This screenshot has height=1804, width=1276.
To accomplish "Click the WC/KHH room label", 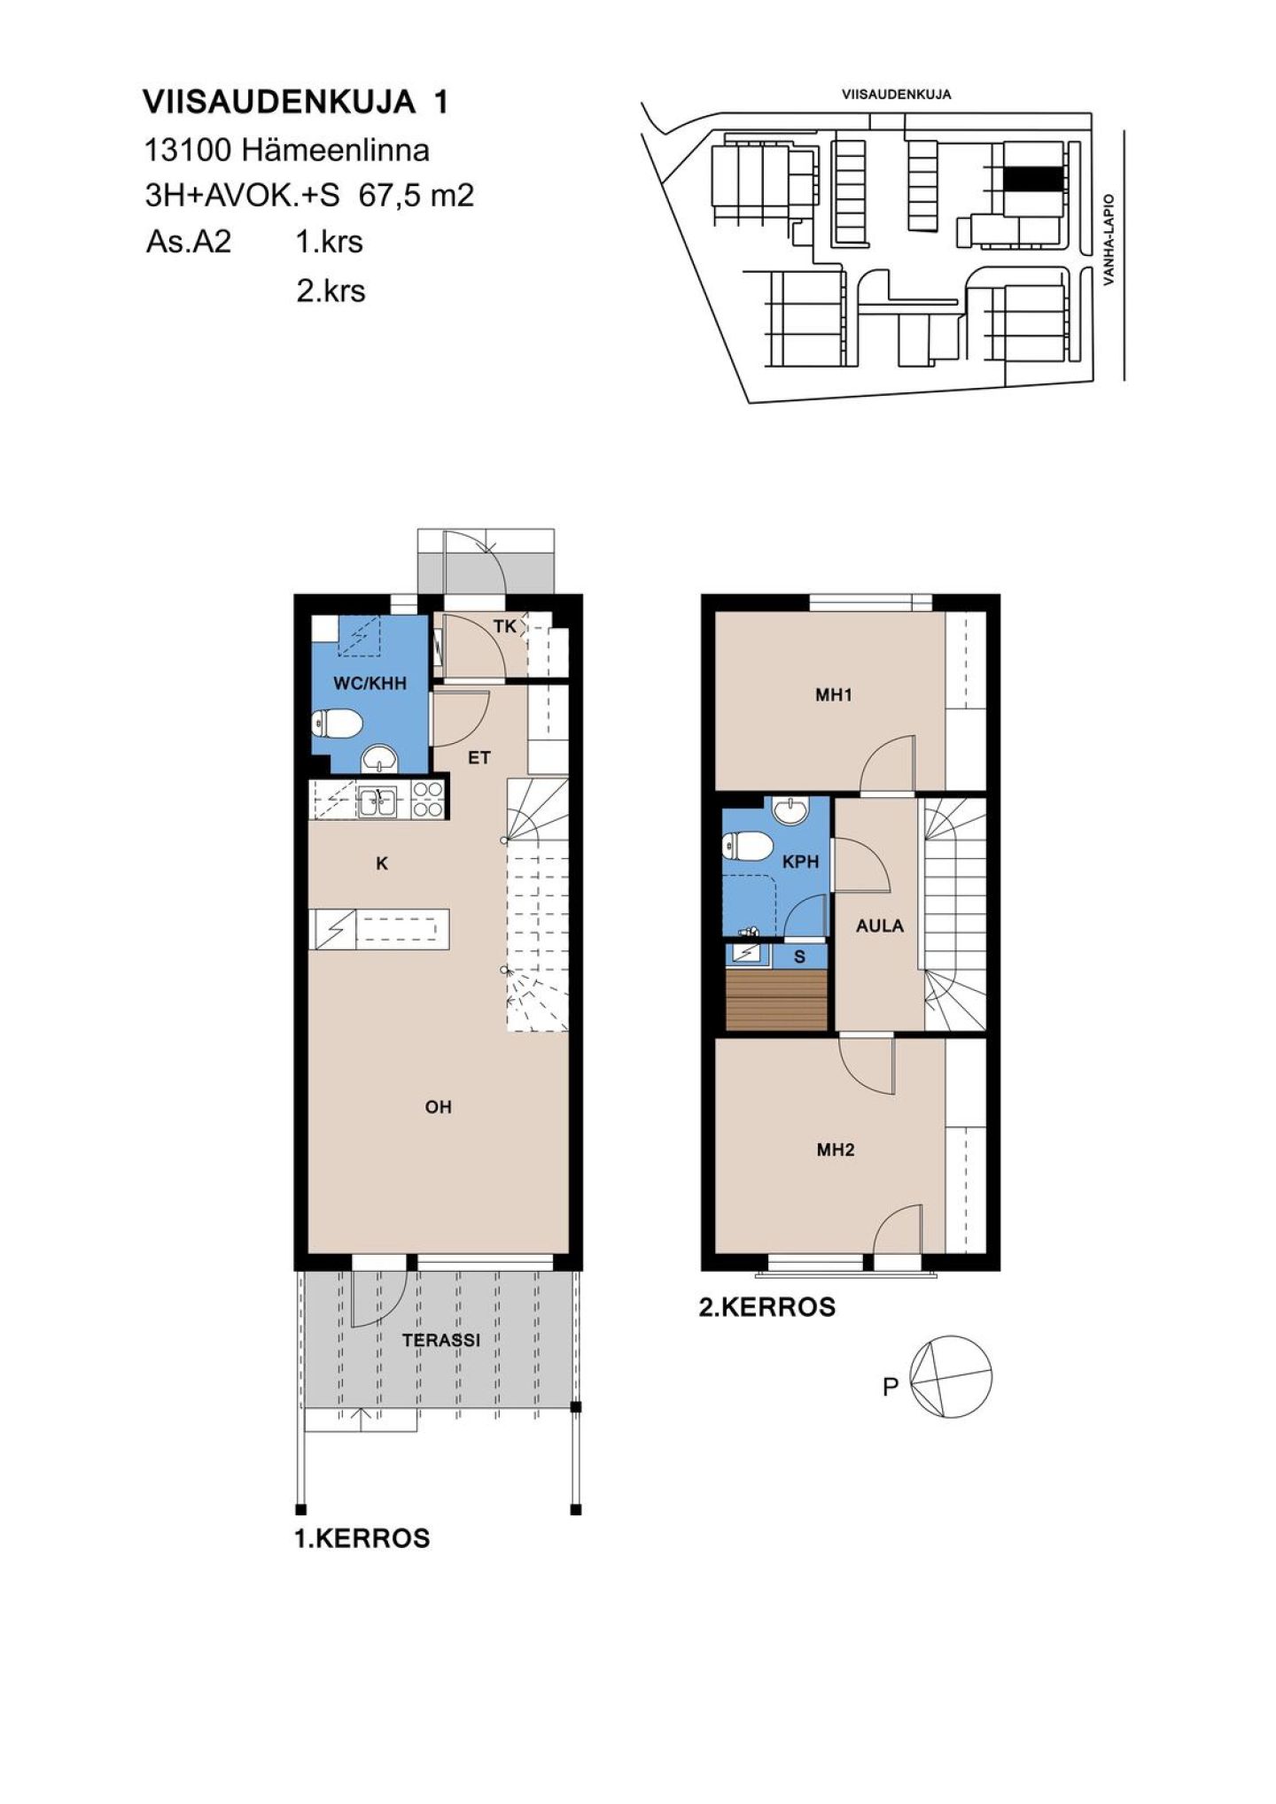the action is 370,683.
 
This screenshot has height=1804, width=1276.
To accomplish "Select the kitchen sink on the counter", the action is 378,801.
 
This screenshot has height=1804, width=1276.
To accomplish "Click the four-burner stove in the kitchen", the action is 427,800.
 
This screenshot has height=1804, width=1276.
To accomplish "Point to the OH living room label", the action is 439,1107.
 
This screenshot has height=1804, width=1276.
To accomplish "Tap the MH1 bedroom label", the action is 834,695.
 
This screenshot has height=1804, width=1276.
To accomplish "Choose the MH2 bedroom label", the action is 836,1150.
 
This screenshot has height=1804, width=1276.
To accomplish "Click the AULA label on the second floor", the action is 880,926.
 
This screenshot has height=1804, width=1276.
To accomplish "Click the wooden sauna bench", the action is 776,1000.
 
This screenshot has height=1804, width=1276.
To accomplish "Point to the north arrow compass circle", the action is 952,1377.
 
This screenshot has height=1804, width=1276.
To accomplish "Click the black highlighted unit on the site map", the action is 1032,178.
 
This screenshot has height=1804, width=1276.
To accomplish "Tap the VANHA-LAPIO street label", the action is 1109,240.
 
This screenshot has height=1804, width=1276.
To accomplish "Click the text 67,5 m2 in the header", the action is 416,195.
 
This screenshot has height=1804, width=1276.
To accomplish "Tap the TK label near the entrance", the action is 505,627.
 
